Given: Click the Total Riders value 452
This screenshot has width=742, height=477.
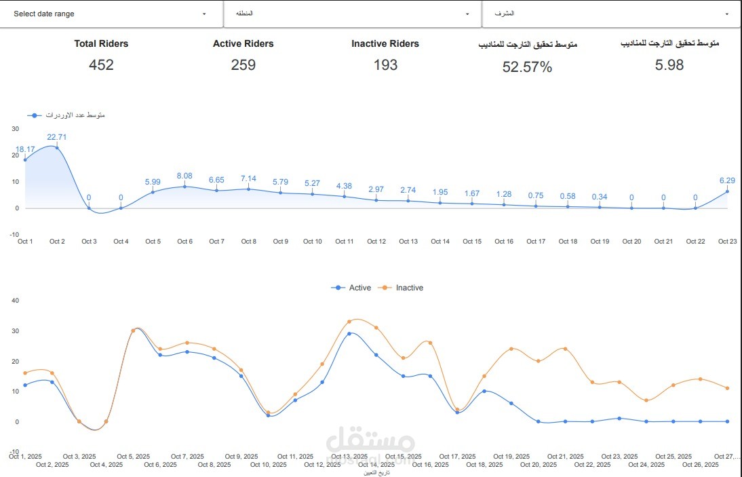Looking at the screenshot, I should [101, 65].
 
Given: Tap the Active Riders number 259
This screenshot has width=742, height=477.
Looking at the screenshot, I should [243, 65].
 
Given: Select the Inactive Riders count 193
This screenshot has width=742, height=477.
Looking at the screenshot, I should [385, 65].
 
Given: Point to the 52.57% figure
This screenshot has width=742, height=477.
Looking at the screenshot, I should [527, 66].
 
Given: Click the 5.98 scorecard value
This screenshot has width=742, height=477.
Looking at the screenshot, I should [669, 65].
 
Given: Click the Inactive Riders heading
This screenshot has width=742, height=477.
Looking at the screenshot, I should [385, 43].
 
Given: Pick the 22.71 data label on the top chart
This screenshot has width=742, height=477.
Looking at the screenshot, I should [57, 137].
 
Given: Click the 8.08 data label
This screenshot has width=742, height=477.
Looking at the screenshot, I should [184, 176].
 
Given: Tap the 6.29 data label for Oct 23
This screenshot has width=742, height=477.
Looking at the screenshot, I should [727, 180].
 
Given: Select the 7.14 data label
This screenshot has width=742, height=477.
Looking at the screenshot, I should [248, 178].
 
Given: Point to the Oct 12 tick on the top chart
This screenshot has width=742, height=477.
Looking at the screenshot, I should [376, 242].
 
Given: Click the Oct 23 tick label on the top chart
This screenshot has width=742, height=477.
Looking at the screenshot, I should [727, 242].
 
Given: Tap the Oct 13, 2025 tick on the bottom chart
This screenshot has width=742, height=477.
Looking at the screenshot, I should [349, 457].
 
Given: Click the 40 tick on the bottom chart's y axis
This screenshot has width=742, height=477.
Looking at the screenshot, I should [16, 301].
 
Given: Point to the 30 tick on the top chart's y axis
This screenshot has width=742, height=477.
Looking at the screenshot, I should [16, 128].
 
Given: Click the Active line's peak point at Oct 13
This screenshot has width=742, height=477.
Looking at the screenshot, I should [349, 334].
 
